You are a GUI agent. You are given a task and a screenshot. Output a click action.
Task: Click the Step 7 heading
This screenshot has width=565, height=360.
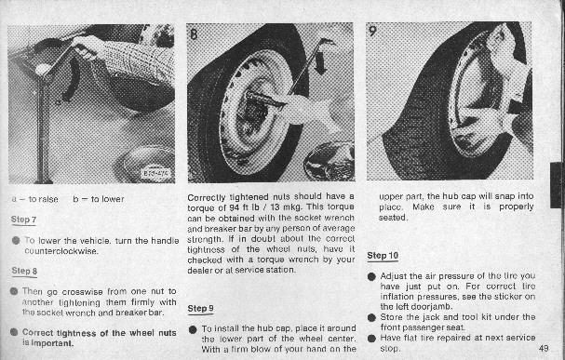coord(24,220)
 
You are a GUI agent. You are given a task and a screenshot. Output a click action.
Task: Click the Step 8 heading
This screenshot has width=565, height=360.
coord(24,271)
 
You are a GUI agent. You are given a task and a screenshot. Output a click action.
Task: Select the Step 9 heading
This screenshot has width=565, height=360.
coord(200,308)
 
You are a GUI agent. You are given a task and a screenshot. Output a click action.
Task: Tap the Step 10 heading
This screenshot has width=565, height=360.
coord(383,256)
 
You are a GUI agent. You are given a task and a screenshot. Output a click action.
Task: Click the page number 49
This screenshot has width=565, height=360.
coord(544,348)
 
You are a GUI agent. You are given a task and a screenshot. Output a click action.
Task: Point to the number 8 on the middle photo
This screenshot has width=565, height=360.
coord(194,34)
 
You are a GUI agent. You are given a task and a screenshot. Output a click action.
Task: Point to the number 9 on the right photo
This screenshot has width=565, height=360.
coord(372,31)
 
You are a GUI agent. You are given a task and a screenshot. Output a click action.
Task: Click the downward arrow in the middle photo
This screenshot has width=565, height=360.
coord(319,62)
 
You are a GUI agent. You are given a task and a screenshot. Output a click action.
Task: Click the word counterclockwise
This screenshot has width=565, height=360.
coord(61,251)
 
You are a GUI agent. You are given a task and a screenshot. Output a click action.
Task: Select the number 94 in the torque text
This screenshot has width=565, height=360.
coord(235,207)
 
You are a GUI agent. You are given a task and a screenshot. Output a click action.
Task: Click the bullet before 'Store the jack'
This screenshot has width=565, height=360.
coord(371,317)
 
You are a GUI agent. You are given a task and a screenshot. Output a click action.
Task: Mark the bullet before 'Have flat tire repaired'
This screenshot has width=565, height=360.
coord(371,338)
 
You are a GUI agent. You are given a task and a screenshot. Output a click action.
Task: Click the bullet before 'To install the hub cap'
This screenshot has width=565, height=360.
coord(193,329)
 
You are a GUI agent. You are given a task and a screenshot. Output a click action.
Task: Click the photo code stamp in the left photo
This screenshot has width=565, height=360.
coord(155,172)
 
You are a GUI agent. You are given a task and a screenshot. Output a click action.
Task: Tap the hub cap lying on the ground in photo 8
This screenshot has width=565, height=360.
coord(330,162)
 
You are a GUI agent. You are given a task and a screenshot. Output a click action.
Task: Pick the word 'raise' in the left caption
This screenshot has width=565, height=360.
coord(48,199)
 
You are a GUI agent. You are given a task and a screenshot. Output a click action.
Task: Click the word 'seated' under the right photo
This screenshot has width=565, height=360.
coord(393,218)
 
